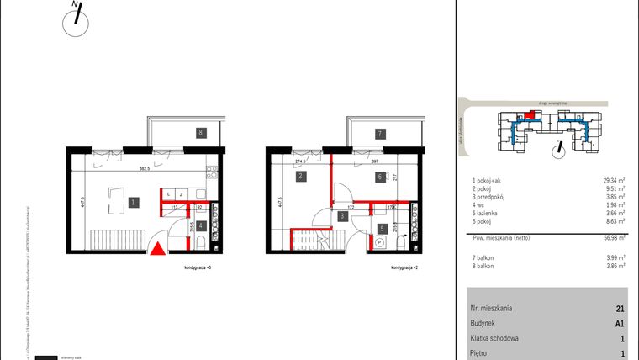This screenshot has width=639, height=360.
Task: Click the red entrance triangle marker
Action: click(156, 249)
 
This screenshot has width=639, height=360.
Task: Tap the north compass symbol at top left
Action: click(77, 20)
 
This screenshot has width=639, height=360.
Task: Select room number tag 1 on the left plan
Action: click(134, 202)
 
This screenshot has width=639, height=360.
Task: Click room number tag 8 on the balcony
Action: click(200, 133)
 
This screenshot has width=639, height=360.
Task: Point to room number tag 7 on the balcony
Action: click(380, 133)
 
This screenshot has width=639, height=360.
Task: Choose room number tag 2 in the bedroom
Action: click(300, 177)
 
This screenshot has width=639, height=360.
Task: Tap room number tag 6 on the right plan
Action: click(380, 177)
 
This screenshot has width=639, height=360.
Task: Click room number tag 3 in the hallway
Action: click(342, 216)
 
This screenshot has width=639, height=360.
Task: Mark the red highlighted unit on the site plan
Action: click(527, 119)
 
